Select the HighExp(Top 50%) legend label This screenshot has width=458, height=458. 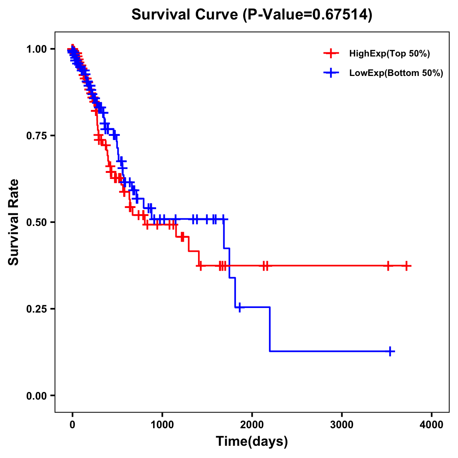click(x=390, y=54)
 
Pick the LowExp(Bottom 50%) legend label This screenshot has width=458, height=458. click(x=396, y=73)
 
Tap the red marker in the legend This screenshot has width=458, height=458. click(x=331, y=54)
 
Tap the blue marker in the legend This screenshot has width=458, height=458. click(x=331, y=73)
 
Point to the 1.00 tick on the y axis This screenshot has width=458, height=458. click(x=37, y=49)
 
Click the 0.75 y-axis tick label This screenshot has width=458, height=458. click(x=37, y=135)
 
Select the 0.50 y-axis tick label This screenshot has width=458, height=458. click(x=37, y=222)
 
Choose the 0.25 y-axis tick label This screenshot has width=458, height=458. click(x=37, y=309)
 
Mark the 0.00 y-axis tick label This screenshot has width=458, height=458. click(x=37, y=395)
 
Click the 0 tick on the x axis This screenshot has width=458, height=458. click(x=73, y=425)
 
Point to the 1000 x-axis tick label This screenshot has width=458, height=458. click(x=162, y=425)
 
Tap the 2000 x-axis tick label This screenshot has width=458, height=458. click(x=252, y=425)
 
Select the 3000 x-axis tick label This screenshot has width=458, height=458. click(x=342, y=425)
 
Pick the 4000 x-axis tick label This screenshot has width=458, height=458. click(x=432, y=425)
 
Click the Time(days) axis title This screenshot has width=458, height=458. click(x=252, y=442)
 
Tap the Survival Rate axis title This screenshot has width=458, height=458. click(x=14, y=222)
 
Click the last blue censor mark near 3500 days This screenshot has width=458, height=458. click(x=390, y=351)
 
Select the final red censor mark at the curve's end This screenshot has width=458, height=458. click(x=406, y=266)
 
